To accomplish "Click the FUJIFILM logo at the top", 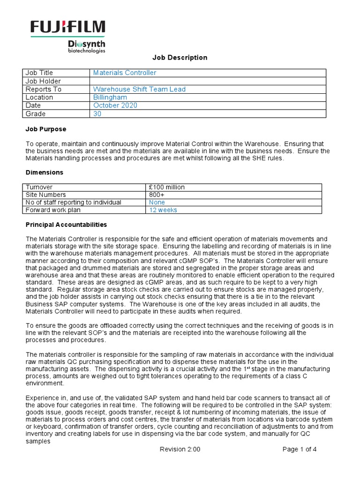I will point(67,28).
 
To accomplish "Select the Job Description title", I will point(180,58).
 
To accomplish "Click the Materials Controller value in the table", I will point(125,73).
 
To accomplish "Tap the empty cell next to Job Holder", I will point(207,81).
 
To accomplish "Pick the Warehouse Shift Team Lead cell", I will point(139,89).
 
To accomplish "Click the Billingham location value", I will point(110,97).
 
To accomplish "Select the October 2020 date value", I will point(115,105).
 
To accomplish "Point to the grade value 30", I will point(97,114).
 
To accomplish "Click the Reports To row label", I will point(44,89).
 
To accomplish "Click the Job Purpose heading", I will point(45,129).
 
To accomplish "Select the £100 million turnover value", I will point(167,187).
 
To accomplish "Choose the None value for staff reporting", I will point(157,202).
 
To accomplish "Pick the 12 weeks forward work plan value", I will point(163,210).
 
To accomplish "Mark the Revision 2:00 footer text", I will point(180,449).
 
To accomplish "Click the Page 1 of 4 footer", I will point(300,449).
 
